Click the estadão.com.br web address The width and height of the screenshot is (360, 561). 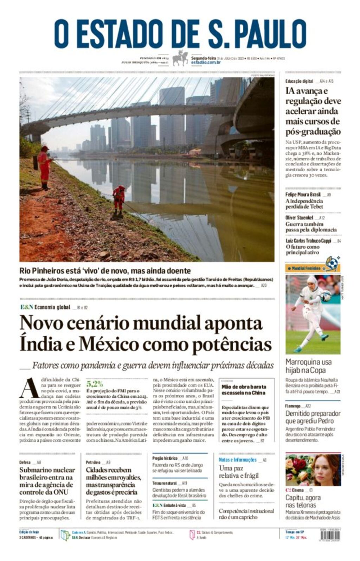click(x=206, y=63)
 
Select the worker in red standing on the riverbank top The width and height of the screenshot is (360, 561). click(x=44, y=167)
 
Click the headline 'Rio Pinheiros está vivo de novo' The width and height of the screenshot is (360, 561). click(x=105, y=271)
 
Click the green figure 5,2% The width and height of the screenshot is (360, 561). click(x=95, y=383)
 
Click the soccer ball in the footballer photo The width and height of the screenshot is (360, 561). click(x=326, y=296)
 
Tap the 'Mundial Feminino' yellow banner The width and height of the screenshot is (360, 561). click(x=307, y=268)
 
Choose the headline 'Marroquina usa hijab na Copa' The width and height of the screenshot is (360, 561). click(x=308, y=366)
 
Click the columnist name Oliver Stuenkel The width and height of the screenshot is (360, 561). click(x=299, y=218)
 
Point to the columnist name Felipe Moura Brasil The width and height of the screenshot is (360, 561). click(x=303, y=195)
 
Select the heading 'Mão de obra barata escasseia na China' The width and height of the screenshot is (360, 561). click(x=244, y=389)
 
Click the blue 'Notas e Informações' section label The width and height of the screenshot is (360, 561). click(x=238, y=460)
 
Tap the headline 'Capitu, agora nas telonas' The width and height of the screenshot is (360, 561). click(x=303, y=501)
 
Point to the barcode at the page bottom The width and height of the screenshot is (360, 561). click(x=330, y=535)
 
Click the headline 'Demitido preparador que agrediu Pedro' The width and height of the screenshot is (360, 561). click(x=313, y=417)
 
